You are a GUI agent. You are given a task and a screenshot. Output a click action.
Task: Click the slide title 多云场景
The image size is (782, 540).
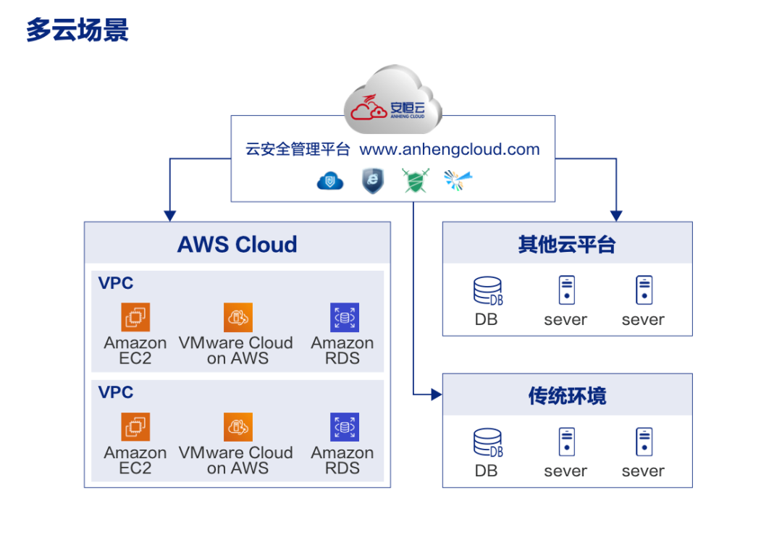click(77, 30)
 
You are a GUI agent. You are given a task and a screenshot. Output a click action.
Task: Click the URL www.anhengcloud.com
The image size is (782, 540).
click(450, 150)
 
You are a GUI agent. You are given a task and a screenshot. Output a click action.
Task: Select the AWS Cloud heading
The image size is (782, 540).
click(237, 245)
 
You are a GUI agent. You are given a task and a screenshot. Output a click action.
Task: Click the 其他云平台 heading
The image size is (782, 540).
click(567, 245)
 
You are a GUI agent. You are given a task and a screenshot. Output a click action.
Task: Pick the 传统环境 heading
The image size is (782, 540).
click(567, 397)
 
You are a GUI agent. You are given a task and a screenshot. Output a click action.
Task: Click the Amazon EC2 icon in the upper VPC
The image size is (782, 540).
click(135, 317)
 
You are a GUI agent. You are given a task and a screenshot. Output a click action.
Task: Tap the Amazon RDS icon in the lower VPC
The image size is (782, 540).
click(344, 427)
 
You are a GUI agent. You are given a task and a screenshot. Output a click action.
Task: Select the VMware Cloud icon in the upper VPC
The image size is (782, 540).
click(237, 317)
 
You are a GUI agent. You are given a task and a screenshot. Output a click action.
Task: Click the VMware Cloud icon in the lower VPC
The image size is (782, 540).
click(237, 427)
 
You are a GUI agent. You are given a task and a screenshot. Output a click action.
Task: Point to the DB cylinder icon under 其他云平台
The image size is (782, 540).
click(487, 291)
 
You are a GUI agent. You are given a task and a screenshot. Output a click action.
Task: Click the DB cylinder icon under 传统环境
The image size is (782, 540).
click(487, 442)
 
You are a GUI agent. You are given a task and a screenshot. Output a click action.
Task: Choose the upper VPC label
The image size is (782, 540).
click(116, 283)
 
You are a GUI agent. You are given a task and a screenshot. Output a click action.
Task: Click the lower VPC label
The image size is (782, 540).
click(116, 393)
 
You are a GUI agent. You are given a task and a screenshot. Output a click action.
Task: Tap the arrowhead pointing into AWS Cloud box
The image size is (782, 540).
click(170, 216)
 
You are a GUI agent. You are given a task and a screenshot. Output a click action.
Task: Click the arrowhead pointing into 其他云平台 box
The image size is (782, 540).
click(616, 216)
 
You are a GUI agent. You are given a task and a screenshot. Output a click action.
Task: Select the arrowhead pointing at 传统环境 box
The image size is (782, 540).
click(436, 395)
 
